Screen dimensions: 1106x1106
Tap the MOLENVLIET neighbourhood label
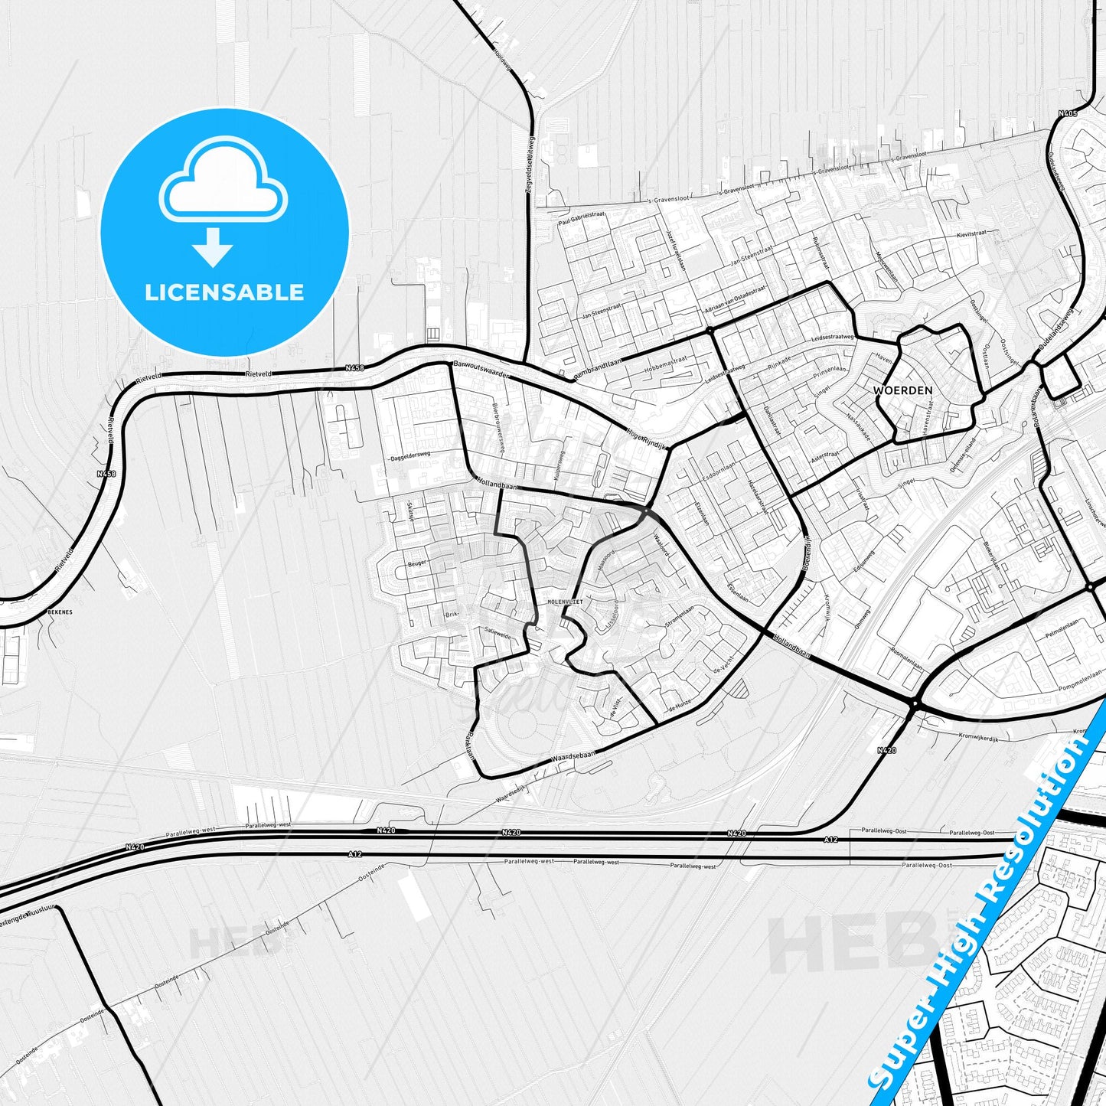tap(565, 602)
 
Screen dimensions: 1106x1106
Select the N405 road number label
tap(1068, 114)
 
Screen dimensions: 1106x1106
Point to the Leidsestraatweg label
tap(832, 338)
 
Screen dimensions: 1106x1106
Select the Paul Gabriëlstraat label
tap(581, 219)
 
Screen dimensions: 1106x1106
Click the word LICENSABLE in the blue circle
tap(224, 292)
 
